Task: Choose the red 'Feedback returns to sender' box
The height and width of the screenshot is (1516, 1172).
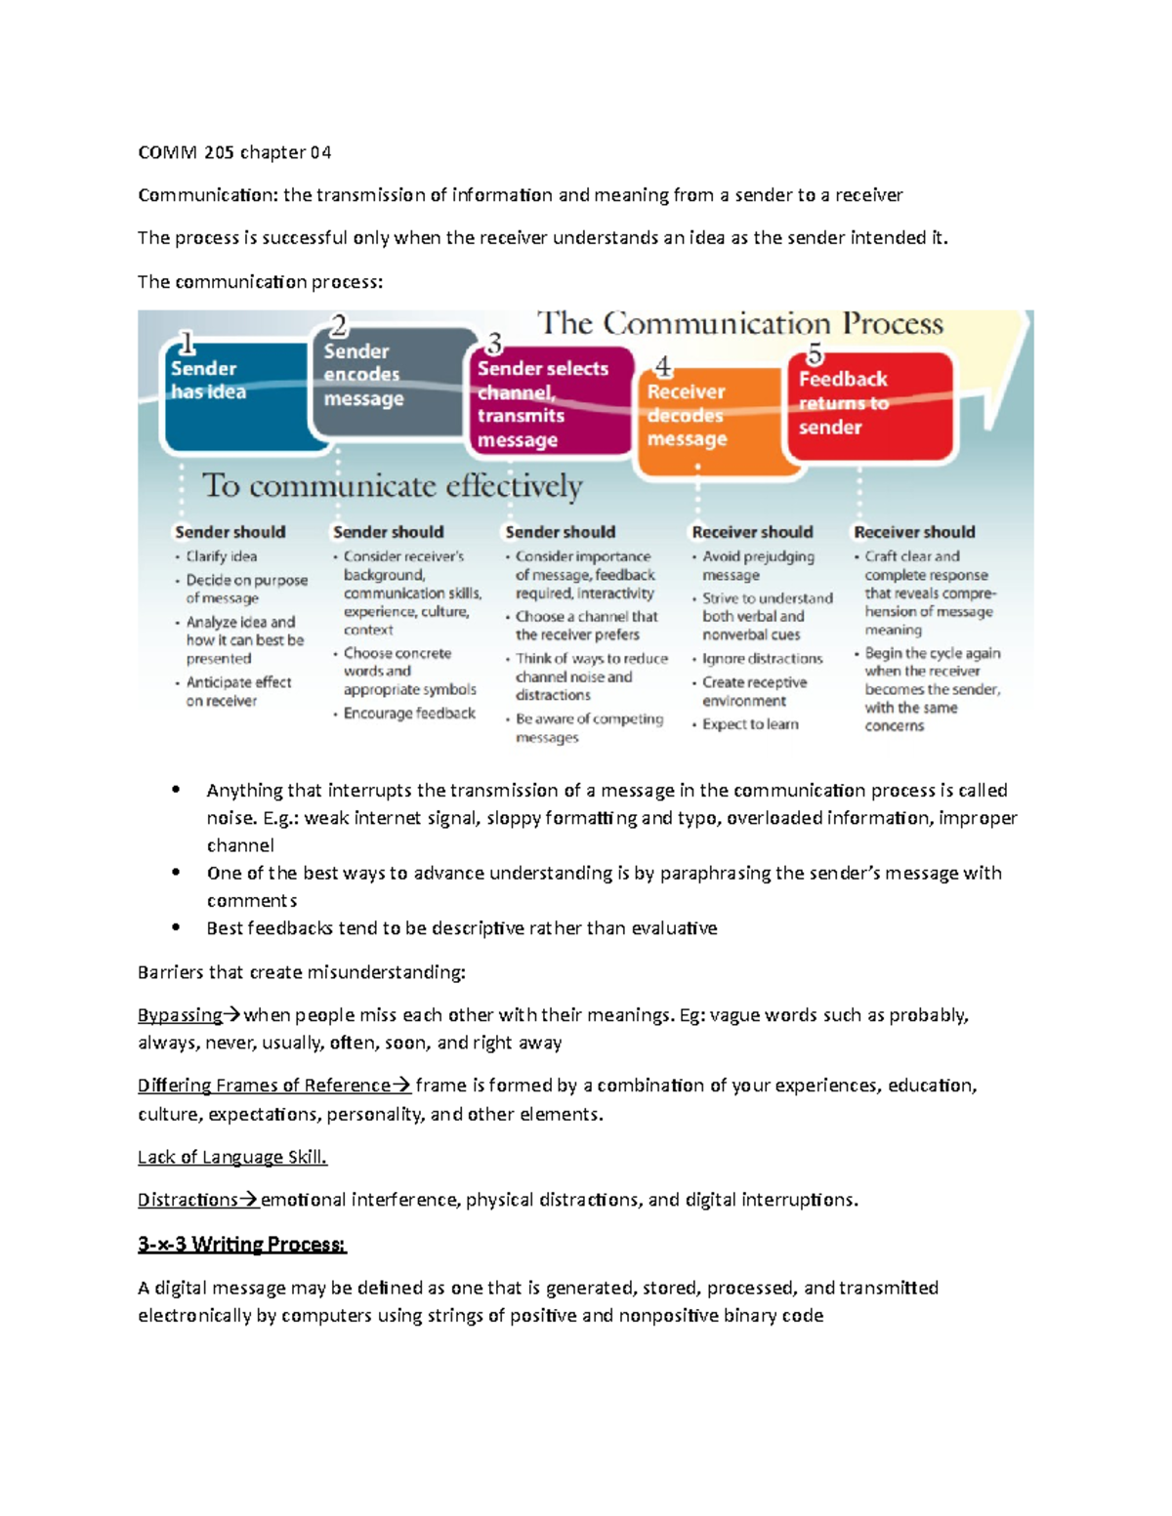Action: coord(869,405)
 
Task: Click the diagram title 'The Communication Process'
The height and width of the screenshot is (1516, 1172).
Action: coord(740,323)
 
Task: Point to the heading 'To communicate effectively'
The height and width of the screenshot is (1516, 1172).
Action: coord(392,485)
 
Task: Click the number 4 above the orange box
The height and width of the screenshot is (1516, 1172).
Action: coord(664,366)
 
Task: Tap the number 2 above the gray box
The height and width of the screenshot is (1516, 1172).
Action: coord(339,325)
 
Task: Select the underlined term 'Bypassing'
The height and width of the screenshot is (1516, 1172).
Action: coord(181,1015)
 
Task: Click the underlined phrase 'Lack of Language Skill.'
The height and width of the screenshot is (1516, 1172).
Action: coord(232,1157)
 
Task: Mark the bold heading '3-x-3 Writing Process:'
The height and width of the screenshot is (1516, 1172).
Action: coord(242,1245)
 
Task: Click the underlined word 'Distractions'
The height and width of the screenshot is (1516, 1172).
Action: coord(188,1200)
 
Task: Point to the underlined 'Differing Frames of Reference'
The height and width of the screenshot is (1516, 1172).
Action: coord(264,1086)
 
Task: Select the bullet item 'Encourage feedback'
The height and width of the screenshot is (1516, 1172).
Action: coord(409,714)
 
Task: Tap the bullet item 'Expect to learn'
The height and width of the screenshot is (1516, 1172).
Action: coord(750,724)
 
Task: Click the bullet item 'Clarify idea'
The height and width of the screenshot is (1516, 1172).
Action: coord(222,556)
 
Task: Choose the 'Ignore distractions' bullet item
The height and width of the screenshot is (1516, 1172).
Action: coord(762,659)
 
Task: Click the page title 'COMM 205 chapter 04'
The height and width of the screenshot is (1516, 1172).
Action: coord(234,152)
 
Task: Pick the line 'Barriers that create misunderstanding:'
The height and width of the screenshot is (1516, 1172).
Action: coord(302,972)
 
